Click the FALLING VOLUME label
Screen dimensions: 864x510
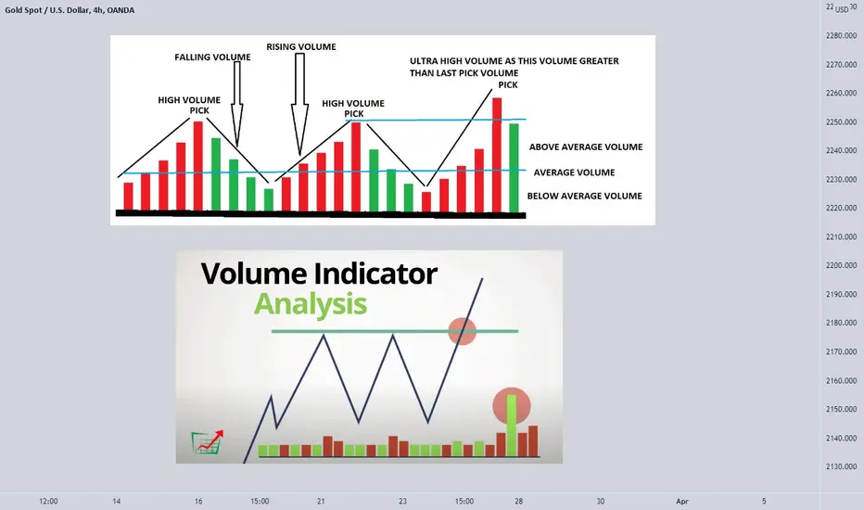tap(212, 57)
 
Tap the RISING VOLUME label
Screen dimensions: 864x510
tap(301, 47)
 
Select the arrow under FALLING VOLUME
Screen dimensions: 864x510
tap(237, 104)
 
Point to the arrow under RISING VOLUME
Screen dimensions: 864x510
tap(299, 104)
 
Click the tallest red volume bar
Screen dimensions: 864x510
tap(497, 155)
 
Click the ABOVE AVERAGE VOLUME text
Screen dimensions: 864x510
tap(586, 147)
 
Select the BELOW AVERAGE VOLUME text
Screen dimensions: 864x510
tap(585, 196)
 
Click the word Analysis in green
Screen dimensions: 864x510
tap(311, 305)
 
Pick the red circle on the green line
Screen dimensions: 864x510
tap(462, 331)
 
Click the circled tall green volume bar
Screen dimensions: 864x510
tap(512, 425)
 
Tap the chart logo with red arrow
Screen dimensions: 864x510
tap(208, 442)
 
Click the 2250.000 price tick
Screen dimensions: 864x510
tap(842, 121)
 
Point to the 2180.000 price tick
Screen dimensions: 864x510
tap(842, 323)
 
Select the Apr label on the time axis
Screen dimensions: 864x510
tap(682, 501)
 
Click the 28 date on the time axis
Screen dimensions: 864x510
tap(518, 501)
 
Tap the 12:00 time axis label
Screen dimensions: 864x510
tap(48, 501)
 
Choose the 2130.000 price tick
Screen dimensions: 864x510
tap(842, 466)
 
